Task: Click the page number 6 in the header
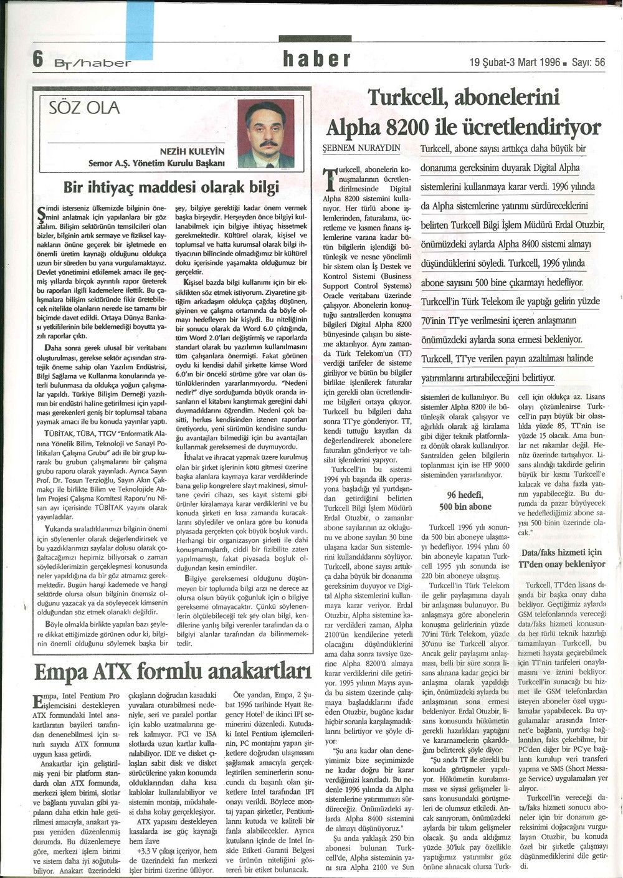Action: point(37,60)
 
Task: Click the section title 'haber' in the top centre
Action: point(316,59)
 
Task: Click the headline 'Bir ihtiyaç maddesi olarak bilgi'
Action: point(171,186)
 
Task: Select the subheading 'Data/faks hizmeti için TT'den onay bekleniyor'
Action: point(563,558)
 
